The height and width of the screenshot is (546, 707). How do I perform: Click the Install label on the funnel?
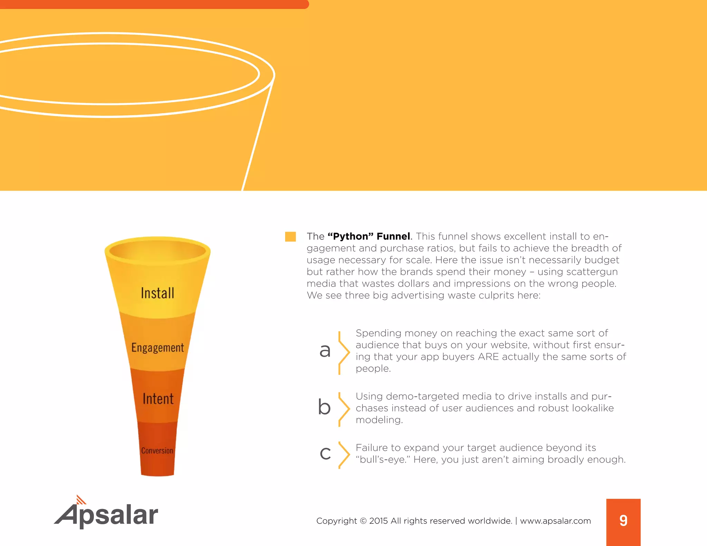tap(157, 293)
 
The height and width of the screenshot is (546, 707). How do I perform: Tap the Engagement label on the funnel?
tap(157, 348)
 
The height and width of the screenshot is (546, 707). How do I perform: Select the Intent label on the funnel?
tap(158, 399)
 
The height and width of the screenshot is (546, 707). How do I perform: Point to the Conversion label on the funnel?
tap(157, 451)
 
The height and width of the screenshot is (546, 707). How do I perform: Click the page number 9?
tap(623, 520)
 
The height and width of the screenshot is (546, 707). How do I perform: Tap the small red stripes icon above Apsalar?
tap(81, 499)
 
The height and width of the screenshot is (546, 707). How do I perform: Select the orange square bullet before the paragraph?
tap(290, 237)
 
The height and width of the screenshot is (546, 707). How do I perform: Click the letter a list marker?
tap(325, 350)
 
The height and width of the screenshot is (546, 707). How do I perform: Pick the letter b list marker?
tap(324, 407)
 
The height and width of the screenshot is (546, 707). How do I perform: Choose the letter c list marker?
tap(325, 453)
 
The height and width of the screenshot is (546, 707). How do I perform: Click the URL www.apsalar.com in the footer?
tap(555, 521)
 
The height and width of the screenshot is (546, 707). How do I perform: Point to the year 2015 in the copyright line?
tap(378, 521)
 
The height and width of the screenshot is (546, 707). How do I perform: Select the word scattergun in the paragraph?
tap(592, 272)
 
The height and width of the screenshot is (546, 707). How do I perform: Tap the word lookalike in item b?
tap(593, 408)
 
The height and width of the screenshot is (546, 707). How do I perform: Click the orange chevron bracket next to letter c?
tap(343, 455)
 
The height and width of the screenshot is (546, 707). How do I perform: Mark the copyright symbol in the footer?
tap(363, 521)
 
